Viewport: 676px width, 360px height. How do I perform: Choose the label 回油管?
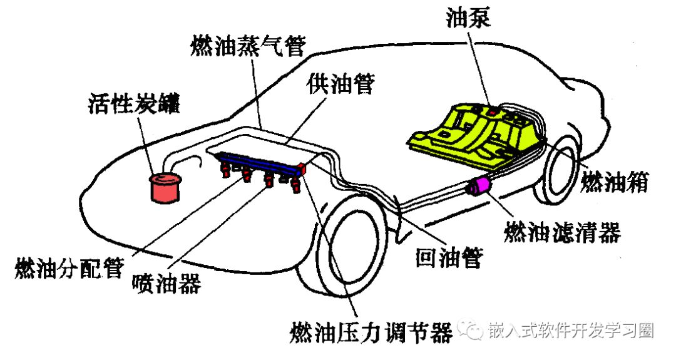[449, 257]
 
